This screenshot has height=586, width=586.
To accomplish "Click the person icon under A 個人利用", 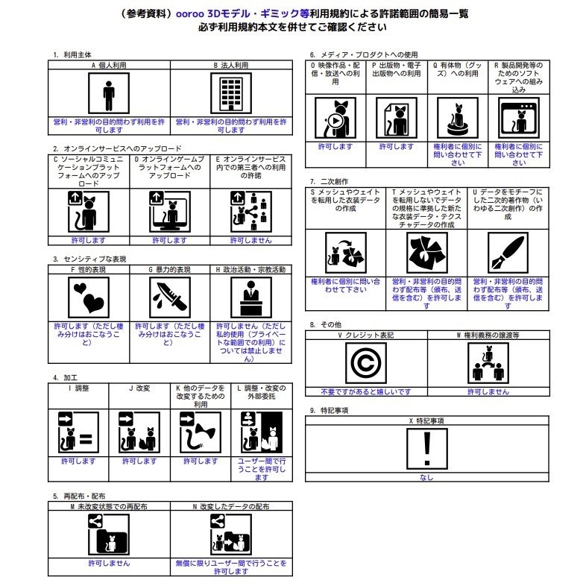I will coord(110,95).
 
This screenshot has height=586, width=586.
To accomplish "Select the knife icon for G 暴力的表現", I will coord(166,299).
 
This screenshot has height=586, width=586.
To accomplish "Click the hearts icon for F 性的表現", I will coord(89,299).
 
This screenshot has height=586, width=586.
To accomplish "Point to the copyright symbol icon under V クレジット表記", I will coord(366,365).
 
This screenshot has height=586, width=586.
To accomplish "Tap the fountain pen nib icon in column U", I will coord(508,253).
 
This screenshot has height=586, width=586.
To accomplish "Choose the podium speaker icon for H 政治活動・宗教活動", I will coord(250,299).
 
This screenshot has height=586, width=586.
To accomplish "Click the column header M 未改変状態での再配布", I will coord(109,505).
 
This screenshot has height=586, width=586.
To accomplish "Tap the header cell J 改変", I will coord(139,388).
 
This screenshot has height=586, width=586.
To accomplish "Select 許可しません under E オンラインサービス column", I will coord(251,240).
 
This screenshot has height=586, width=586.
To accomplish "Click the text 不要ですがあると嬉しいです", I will coord(366,391).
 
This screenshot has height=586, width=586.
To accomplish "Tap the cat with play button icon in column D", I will coord(335,119).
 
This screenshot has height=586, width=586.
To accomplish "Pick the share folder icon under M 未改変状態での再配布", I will coord(109,533).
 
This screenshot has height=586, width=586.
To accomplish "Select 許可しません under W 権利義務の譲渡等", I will coord(488,391).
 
